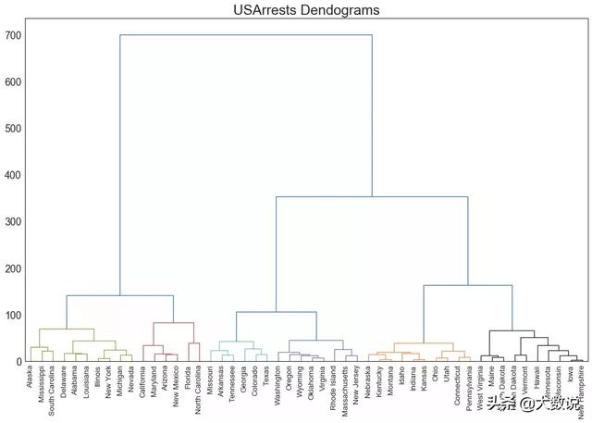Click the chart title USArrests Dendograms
click(x=295, y=10)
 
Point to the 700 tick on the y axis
click(x=13, y=35)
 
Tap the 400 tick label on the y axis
click(x=13, y=175)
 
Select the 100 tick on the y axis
click(x=13, y=315)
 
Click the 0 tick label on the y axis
click(x=18, y=362)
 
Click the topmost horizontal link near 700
click(x=246, y=35)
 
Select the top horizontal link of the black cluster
click(x=512, y=330)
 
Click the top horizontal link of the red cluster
click(x=174, y=323)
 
